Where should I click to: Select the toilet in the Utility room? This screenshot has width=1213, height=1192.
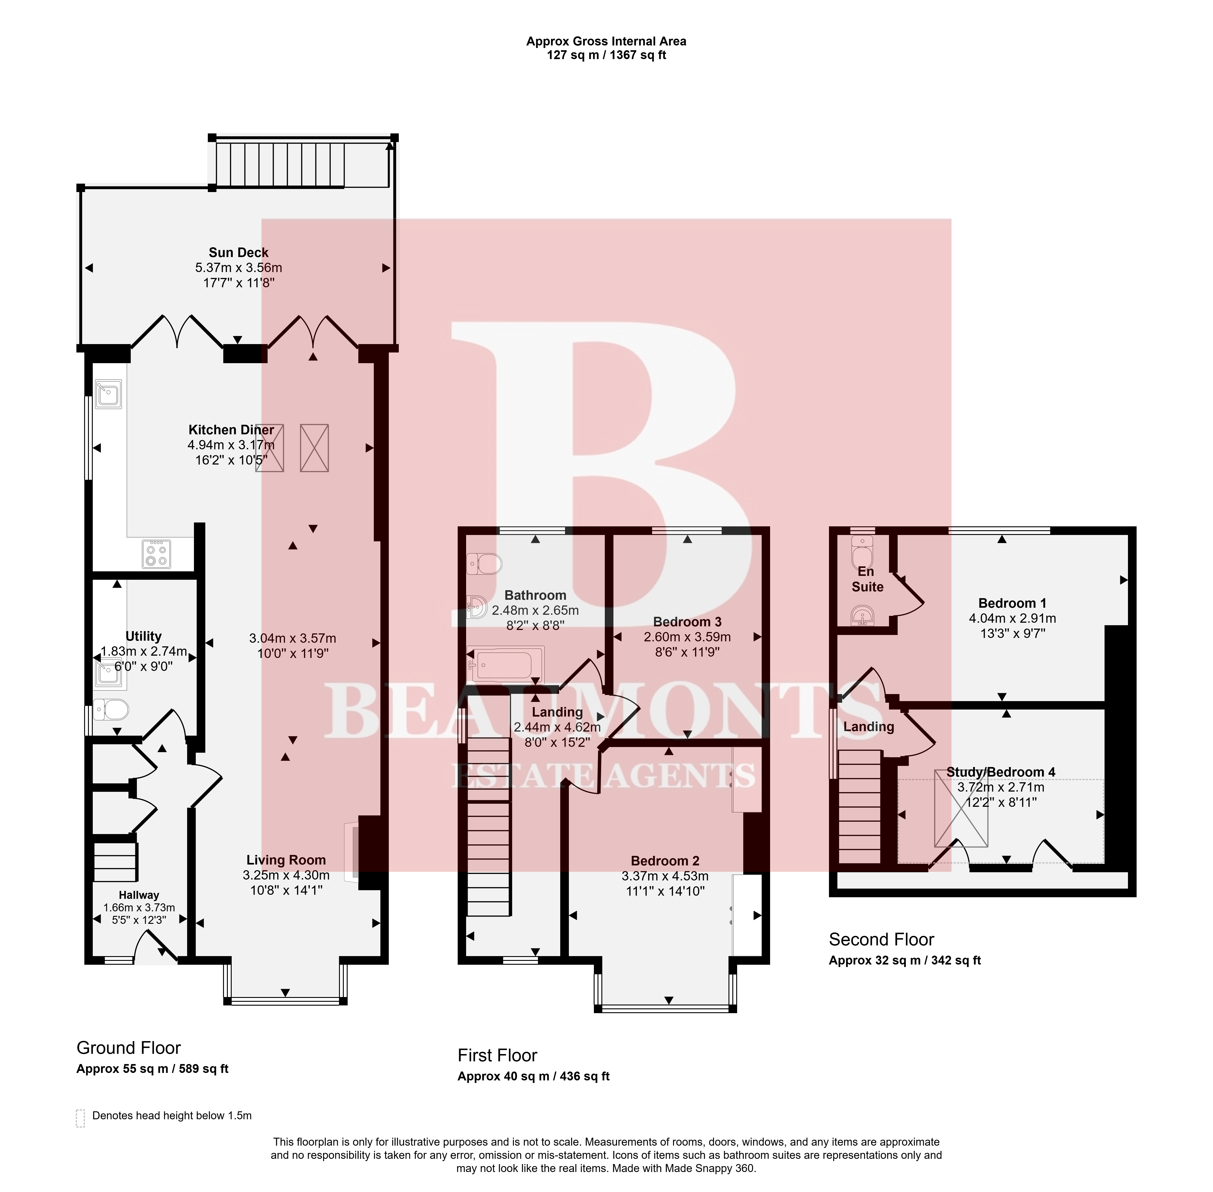(x=111, y=710)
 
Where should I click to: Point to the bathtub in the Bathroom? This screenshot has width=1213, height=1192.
(x=506, y=664)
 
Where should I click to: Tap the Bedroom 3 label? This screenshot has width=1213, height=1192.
(x=687, y=622)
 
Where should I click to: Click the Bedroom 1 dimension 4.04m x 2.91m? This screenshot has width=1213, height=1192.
(x=1012, y=619)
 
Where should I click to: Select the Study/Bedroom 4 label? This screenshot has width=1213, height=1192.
(x=1001, y=772)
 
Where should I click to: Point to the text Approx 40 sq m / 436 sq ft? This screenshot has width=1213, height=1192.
(x=534, y=1076)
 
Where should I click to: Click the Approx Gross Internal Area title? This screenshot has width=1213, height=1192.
(x=606, y=41)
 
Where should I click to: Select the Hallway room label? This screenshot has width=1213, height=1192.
(x=139, y=895)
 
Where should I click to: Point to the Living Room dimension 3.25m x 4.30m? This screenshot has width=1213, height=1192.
(x=286, y=875)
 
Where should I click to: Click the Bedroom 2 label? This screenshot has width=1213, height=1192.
(x=665, y=861)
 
